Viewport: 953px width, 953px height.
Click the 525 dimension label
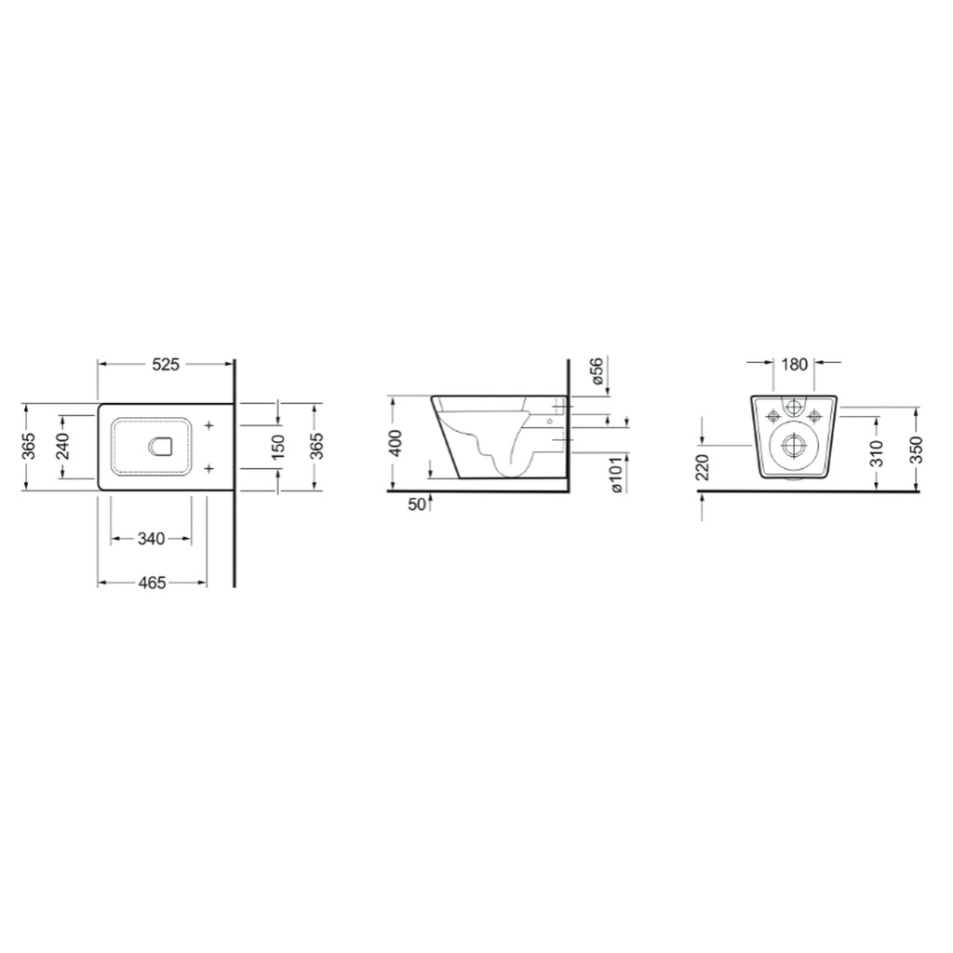[165, 365]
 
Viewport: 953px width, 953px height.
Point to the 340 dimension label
[151, 539]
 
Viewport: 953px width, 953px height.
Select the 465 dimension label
[152, 583]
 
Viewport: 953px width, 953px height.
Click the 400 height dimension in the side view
[396, 443]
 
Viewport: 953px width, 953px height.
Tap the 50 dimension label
[415, 504]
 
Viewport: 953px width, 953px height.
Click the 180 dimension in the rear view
[794, 365]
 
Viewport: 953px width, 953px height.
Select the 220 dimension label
[703, 465]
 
